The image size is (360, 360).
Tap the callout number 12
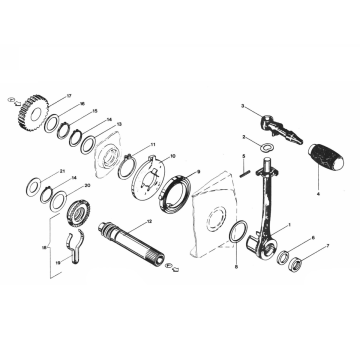[149, 221]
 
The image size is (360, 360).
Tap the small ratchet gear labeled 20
[75, 213]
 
